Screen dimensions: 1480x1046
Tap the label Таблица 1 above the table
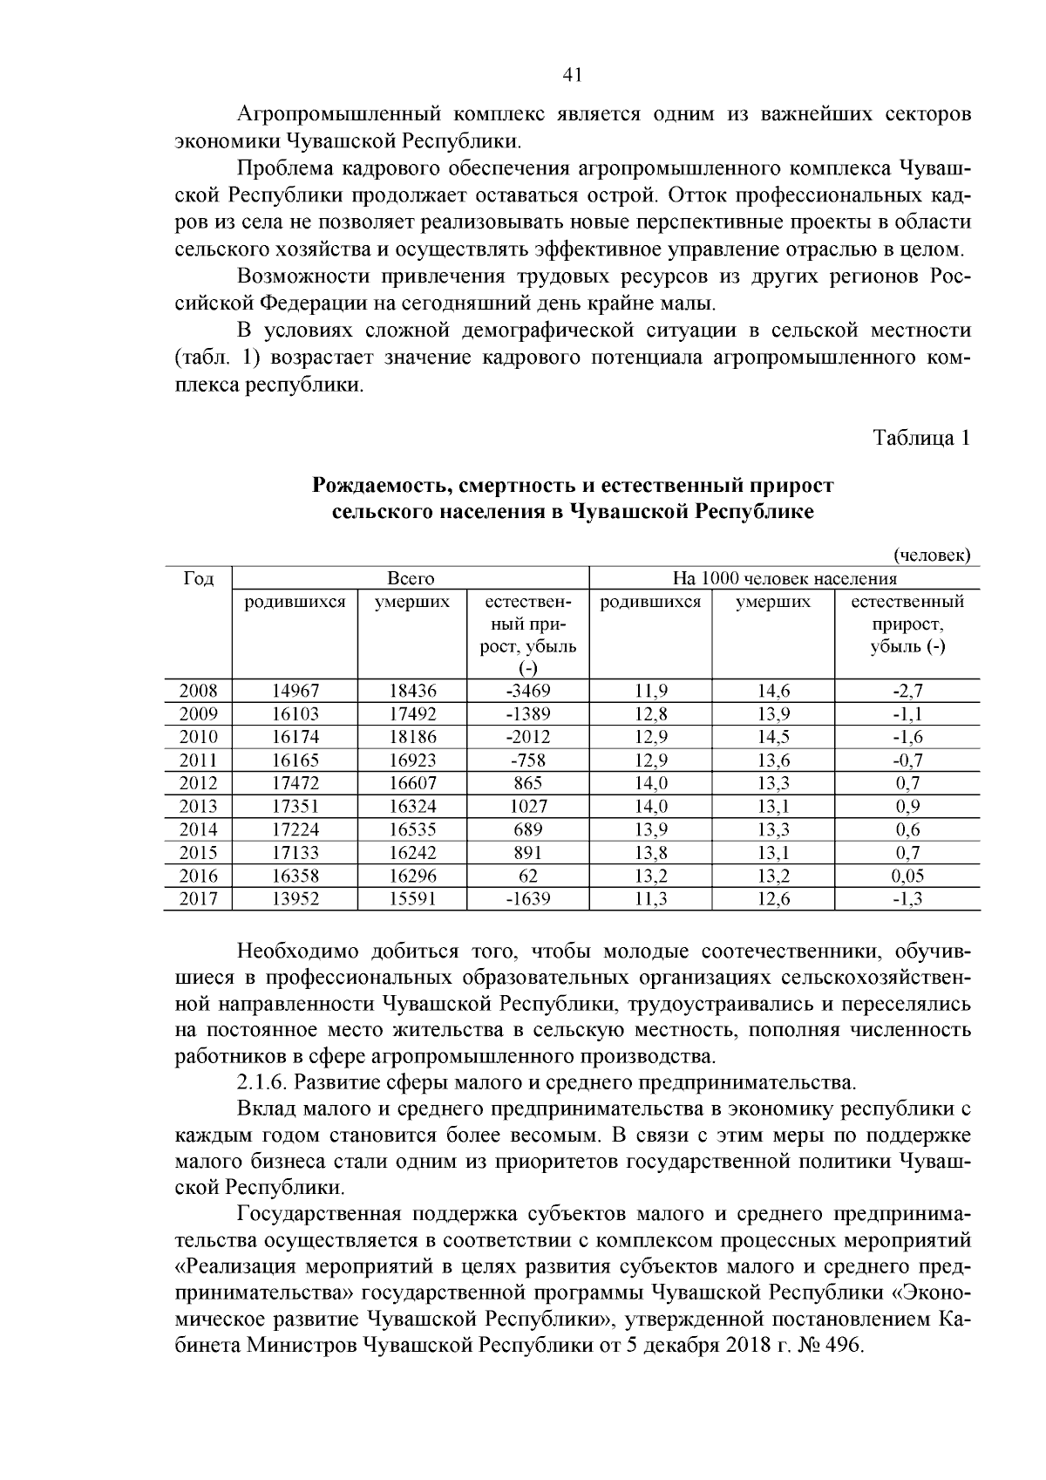tap(922, 439)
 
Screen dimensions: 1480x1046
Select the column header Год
tap(198, 578)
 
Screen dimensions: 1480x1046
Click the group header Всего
tap(411, 578)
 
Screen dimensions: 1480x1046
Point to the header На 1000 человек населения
tap(784, 578)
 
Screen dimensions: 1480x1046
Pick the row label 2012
tap(198, 783)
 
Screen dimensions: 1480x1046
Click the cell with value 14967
tap(295, 691)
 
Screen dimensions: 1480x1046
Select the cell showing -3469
tap(528, 691)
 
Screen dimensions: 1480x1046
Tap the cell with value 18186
tap(412, 737)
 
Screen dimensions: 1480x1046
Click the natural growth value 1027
tap(528, 806)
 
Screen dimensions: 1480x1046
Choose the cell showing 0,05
tap(907, 876)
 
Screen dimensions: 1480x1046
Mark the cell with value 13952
tap(295, 899)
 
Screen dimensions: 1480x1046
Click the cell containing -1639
tap(528, 899)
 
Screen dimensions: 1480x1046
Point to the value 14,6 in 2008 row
tap(773, 691)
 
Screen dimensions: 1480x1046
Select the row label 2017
tap(198, 899)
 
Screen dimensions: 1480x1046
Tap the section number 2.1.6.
tap(262, 1083)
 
